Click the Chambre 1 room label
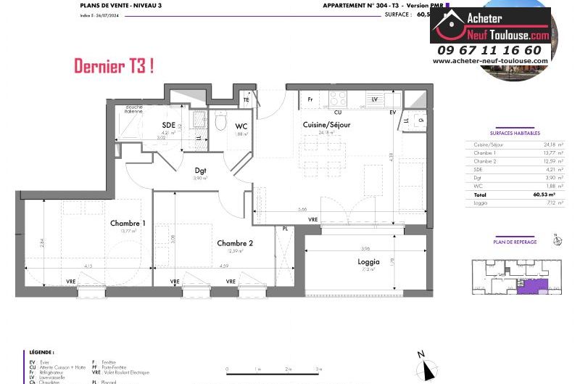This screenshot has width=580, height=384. [127, 223]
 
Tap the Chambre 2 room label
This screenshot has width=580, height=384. [235, 243]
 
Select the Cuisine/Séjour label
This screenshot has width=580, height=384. [326, 125]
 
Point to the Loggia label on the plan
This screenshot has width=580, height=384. [368, 261]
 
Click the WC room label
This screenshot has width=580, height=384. [241, 126]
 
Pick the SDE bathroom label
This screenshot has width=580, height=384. [168, 126]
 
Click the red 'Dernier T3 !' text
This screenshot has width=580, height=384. [114, 67]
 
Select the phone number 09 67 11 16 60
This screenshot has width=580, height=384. [489, 50]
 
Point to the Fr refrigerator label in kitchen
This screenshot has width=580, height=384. [310, 99]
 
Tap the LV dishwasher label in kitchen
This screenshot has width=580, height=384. [375, 99]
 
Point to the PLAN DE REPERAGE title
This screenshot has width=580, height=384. [515, 242]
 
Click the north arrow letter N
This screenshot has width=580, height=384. [420, 354]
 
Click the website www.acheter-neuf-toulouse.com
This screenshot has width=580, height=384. [490, 61]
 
